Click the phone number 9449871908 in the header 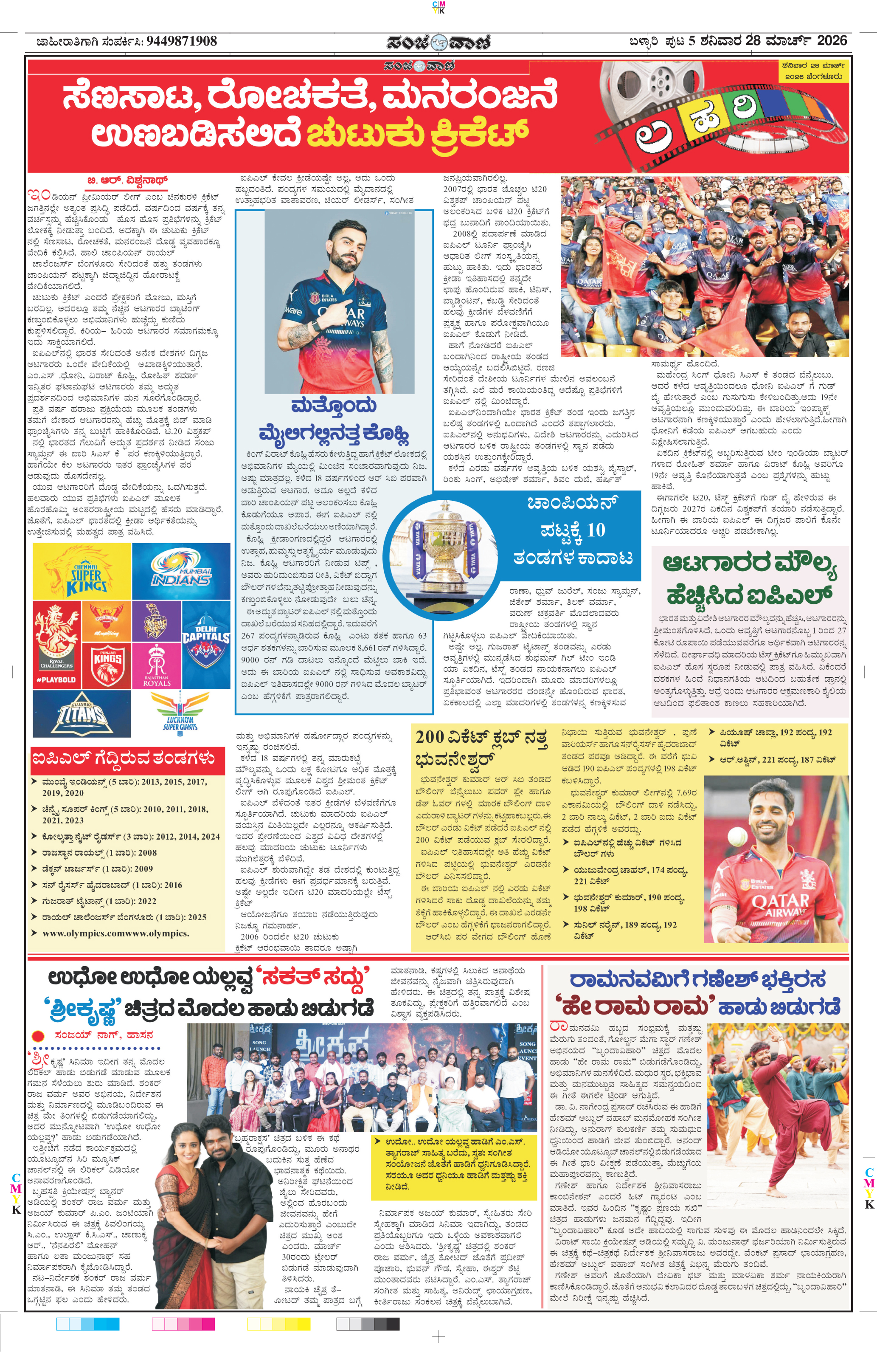181,41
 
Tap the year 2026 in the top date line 832,40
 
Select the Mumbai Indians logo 181,571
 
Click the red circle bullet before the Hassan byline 38,1036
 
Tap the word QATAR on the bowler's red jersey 780,901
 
